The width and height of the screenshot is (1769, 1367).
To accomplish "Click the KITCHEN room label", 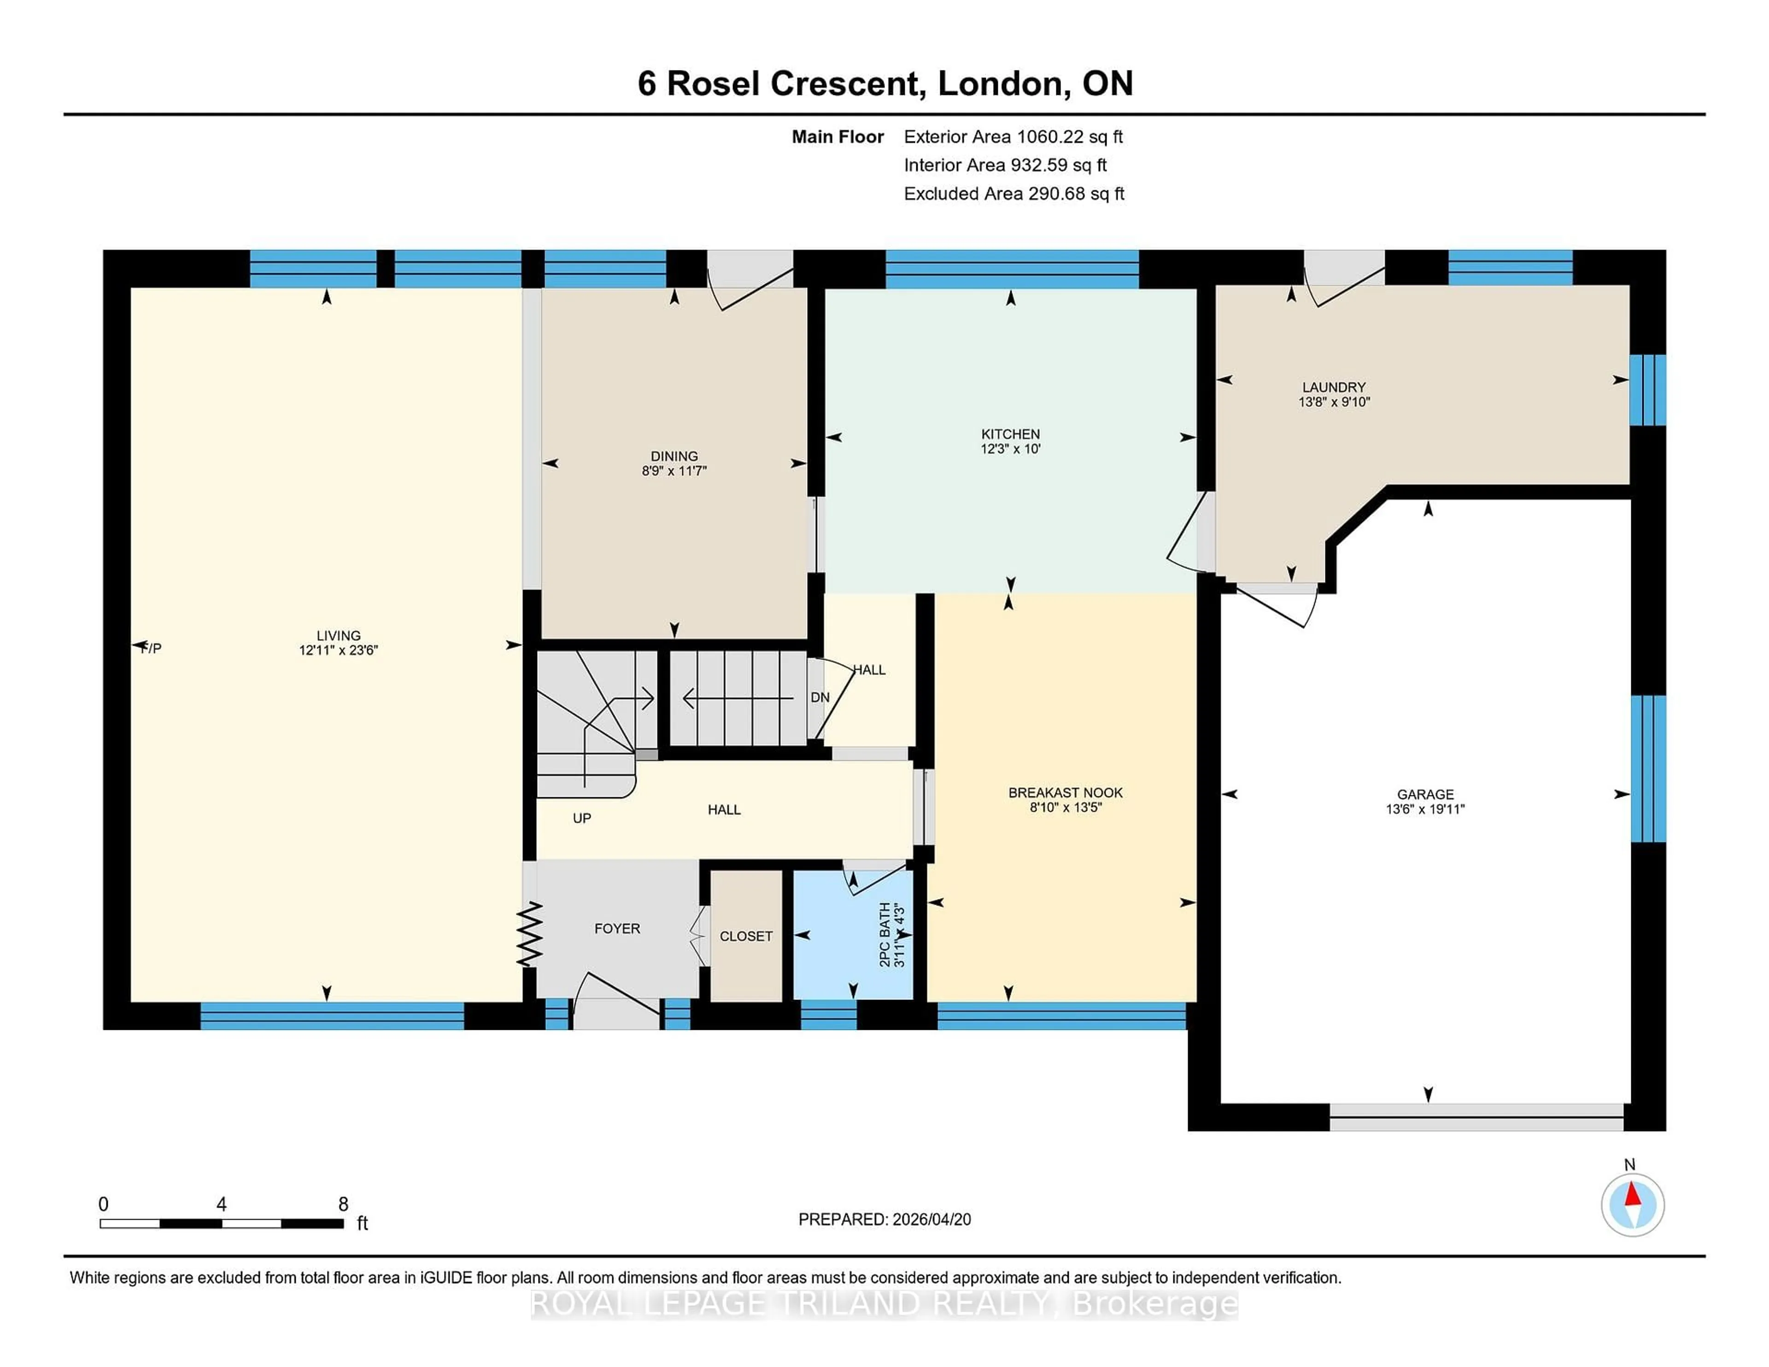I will [1010, 434].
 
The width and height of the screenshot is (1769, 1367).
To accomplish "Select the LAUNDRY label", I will [1333, 387].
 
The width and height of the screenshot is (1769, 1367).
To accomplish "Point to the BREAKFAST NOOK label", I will [1065, 793].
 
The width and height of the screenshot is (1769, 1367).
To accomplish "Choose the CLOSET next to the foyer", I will [746, 936].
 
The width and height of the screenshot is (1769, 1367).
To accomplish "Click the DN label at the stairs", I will [820, 697].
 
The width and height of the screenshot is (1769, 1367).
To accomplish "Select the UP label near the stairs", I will [581, 818].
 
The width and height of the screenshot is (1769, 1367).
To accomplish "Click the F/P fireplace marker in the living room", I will [151, 648].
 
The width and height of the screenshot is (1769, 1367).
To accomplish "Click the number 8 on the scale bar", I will [343, 1204].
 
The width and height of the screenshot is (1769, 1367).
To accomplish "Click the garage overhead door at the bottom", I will [1476, 1117].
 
